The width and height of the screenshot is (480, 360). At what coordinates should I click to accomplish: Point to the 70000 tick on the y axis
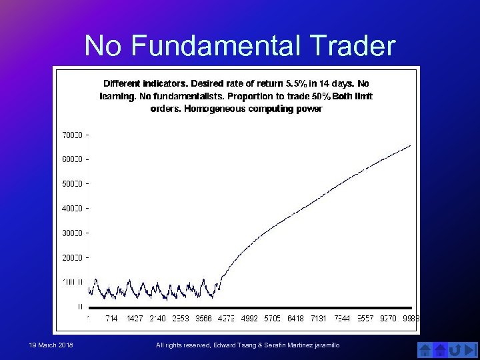pyautogui.click(x=72, y=135)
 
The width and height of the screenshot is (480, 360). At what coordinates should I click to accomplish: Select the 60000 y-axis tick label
pyautogui.click(x=72, y=159)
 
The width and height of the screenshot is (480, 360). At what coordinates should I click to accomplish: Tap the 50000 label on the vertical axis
pyautogui.click(x=72, y=184)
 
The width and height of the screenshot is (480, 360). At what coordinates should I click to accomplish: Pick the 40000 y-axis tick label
pyautogui.click(x=72, y=209)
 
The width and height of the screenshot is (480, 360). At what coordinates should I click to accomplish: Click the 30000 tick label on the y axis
pyautogui.click(x=72, y=233)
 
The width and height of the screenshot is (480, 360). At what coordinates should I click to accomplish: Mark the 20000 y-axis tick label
pyautogui.click(x=72, y=258)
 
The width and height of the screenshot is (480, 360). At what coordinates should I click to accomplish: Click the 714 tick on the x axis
pyautogui.click(x=111, y=319)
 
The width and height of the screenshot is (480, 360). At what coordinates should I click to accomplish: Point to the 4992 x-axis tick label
pyautogui.click(x=249, y=319)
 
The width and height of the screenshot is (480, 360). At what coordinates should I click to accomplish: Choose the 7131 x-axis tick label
pyautogui.click(x=318, y=319)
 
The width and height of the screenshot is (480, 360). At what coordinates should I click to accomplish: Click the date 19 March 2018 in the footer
pyautogui.click(x=51, y=345)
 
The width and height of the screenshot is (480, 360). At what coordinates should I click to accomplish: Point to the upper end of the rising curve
pyautogui.click(x=411, y=145)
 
